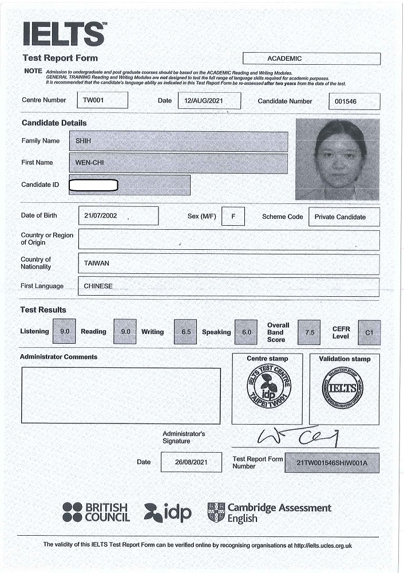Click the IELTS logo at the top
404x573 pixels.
coord(64,34)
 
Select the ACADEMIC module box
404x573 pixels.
coord(311,58)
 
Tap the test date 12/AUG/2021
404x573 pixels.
coord(209,101)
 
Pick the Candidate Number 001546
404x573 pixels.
coord(354,101)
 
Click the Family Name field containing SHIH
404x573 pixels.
coord(178,142)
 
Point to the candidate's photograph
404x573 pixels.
coord(338,159)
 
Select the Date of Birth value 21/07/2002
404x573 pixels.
coord(118,216)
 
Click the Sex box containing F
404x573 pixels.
coord(233,217)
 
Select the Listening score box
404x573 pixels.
coord(64,332)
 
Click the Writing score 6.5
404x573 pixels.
coord(185,332)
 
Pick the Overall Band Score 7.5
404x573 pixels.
coord(309,332)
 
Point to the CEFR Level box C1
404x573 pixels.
coord(369,332)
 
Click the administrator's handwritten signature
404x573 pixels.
coord(298,437)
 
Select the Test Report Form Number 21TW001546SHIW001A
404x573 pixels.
coord(331,462)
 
